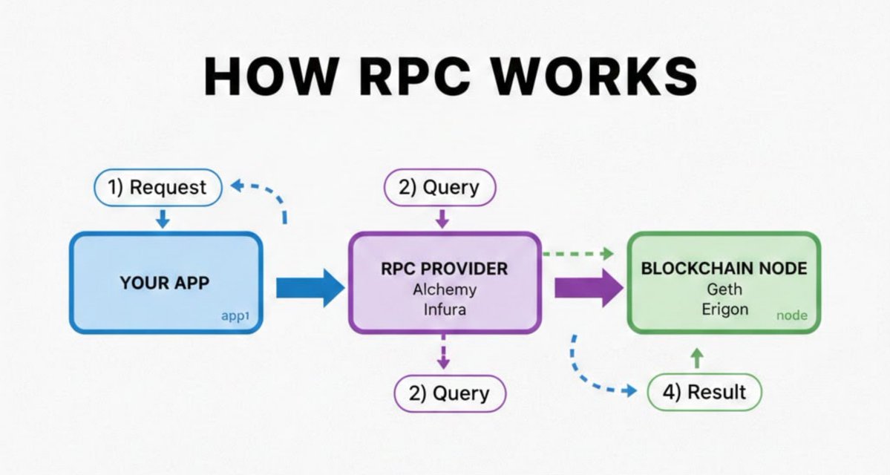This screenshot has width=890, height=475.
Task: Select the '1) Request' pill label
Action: point(157,188)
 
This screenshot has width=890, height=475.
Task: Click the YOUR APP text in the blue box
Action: point(166,283)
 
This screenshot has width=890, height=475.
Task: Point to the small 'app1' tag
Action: point(235,315)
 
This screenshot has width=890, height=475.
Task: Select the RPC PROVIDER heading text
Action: point(445,269)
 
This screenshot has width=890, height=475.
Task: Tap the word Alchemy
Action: point(445,289)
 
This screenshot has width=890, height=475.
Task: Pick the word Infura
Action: point(445,309)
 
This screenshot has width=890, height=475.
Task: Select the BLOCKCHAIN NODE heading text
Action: point(724,269)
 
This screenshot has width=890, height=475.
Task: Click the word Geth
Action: point(724,289)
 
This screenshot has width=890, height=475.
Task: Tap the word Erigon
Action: point(724,309)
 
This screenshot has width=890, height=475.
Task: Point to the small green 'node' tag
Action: point(792,315)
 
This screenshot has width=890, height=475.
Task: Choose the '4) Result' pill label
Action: point(704,391)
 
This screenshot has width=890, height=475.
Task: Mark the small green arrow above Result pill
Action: point(696,359)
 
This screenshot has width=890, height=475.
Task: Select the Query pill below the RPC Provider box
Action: point(450,393)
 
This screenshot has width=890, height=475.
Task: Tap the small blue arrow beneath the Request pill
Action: point(163,218)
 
